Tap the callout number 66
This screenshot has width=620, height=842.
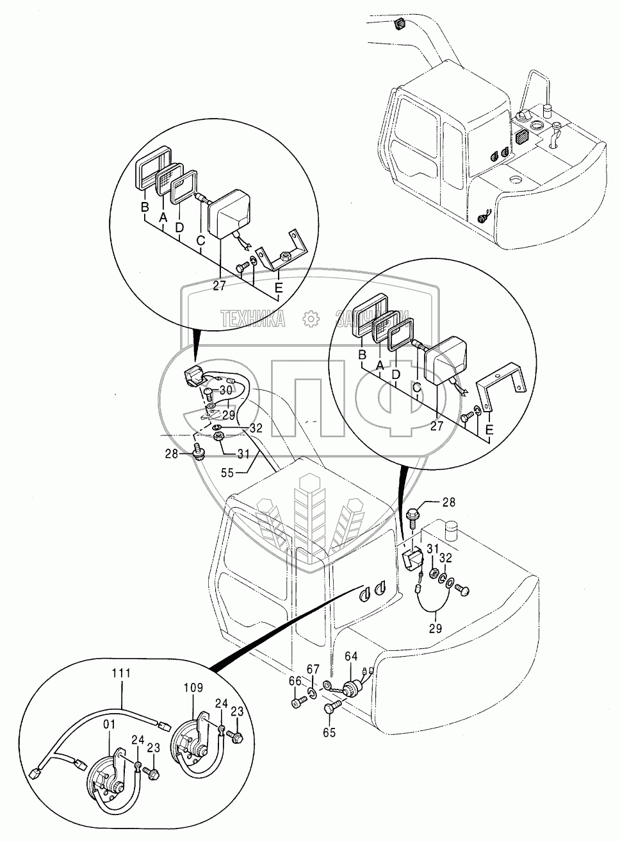tap(295, 681)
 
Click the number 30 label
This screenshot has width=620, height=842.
tap(225, 390)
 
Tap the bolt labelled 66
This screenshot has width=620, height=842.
tap(296, 703)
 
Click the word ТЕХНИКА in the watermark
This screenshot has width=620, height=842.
tap(253, 318)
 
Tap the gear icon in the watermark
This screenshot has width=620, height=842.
tap(310, 318)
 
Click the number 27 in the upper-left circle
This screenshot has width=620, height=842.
tap(219, 287)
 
